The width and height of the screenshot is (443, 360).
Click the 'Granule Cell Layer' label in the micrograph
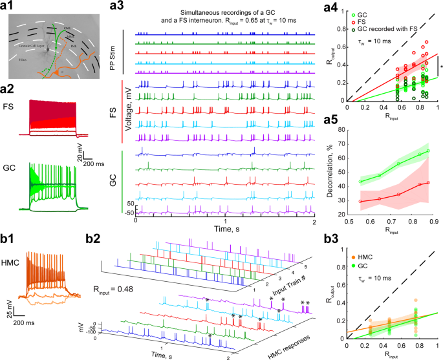pos(32,47)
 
